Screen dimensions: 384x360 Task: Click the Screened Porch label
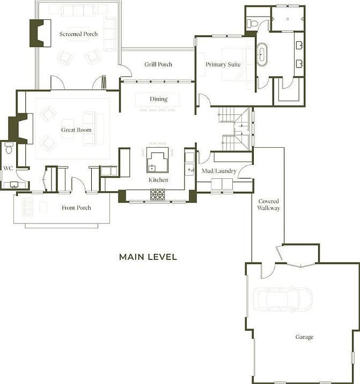pos(78,34)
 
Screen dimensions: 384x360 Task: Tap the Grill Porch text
pos(158,64)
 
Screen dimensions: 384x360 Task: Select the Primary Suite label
pos(223,64)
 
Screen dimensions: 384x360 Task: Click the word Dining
pos(158,99)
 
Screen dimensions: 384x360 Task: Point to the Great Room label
pos(76,130)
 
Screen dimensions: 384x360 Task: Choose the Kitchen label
pos(158,180)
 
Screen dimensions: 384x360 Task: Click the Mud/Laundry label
pos(219,171)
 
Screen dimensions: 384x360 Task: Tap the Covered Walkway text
pos(268,205)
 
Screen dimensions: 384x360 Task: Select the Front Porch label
pos(76,208)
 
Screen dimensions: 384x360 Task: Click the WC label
pos(8,168)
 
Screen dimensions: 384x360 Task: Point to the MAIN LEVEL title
pos(148,257)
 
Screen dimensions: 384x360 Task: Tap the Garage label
pos(304,337)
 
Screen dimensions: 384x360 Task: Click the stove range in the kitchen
pos(159,194)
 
